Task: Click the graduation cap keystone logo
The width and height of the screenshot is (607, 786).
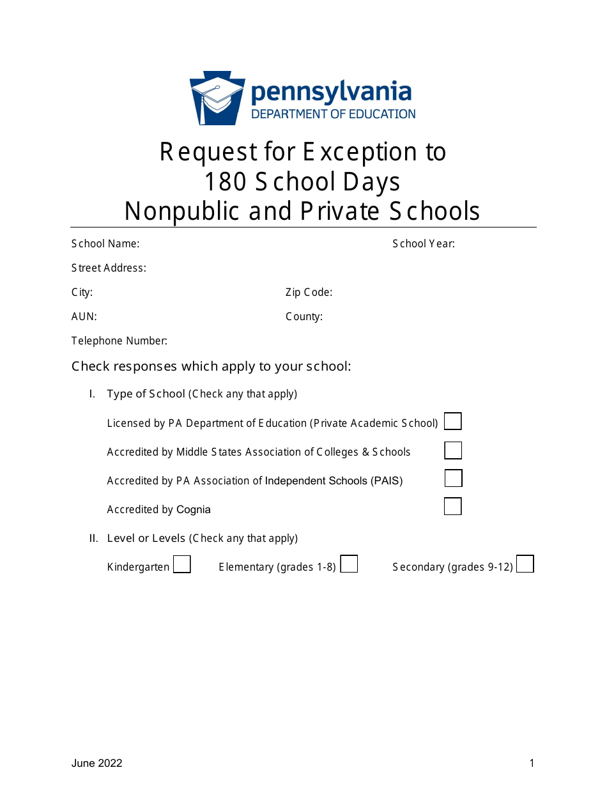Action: tap(217, 98)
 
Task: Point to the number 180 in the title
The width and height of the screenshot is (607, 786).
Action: tap(225, 182)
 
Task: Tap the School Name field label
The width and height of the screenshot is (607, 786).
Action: tap(105, 243)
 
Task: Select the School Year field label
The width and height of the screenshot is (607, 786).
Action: tap(424, 243)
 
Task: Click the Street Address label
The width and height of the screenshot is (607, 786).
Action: tap(109, 268)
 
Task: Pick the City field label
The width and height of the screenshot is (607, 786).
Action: tap(82, 292)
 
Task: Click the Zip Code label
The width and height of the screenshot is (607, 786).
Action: tap(309, 292)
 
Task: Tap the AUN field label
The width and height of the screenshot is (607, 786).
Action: tap(84, 316)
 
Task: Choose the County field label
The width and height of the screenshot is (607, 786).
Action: tap(303, 316)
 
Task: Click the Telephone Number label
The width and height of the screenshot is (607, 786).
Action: tap(119, 341)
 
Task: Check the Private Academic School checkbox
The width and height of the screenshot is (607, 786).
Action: tap(453, 422)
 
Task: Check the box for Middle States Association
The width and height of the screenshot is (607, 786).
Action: tap(453, 451)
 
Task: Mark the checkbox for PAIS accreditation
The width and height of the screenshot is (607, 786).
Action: tap(453, 479)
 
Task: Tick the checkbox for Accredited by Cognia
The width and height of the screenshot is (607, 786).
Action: tap(453, 507)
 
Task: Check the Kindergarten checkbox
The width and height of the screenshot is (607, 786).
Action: tap(182, 565)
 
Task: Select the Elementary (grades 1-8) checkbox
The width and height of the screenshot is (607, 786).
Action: tap(349, 564)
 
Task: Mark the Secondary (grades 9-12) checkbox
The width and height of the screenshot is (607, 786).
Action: tap(525, 564)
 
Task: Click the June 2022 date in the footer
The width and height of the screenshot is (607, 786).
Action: tap(96, 763)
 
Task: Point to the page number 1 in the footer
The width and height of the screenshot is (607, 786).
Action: tap(532, 763)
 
